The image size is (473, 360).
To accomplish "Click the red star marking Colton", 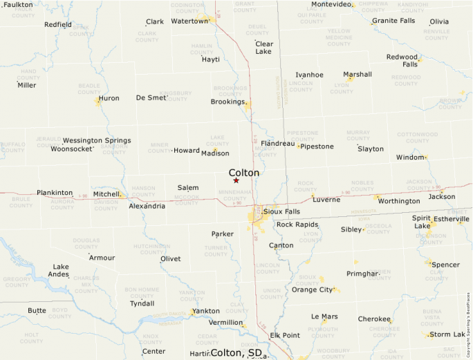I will tap(236, 180).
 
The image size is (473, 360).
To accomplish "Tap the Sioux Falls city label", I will tap(282, 211).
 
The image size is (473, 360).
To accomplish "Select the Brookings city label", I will tap(228, 102).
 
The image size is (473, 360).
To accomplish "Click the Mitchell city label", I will tap(106, 194).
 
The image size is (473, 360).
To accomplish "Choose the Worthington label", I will tap(399, 201).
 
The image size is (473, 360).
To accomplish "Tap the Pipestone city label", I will tap(317, 146).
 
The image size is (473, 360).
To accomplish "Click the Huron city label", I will tap(109, 98).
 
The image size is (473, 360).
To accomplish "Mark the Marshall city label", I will tap(358, 74).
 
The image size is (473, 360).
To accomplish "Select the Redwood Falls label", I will tap(402, 60).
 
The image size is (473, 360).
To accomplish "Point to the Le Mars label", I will tap(324, 316).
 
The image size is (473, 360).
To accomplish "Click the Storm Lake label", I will tap(447, 334).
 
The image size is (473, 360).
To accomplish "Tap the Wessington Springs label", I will tap(97, 140).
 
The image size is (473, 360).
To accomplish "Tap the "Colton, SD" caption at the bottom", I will tap(236, 352).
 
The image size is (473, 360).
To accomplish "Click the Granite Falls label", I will tap(393, 21).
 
